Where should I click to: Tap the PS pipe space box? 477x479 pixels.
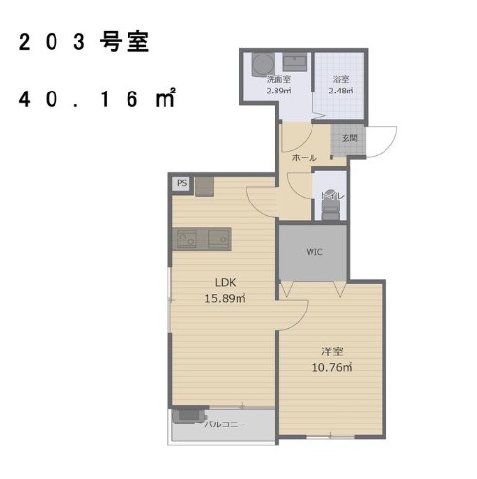tap(182, 182)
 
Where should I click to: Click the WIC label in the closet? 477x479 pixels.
tap(313, 251)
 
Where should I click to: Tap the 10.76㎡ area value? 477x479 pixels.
tap(332, 366)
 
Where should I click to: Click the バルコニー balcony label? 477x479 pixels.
tap(226, 424)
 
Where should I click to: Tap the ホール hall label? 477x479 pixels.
tap(305, 157)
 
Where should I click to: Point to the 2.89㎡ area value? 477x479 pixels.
tap(280, 90)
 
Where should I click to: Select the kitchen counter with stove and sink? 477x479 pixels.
tap(202, 238)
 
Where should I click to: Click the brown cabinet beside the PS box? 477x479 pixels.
tap(202, 187)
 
